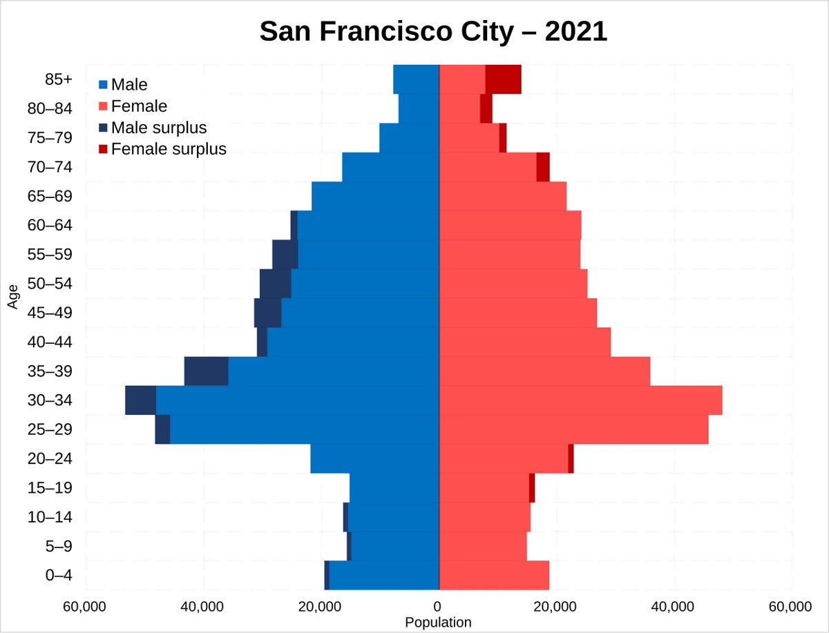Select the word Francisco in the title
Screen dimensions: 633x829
point(372,32)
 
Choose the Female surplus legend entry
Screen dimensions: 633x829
point(169,149)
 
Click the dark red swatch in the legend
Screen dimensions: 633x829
point(104,149)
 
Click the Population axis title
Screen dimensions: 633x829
point(438,622)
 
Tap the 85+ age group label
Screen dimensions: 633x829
point(58,79)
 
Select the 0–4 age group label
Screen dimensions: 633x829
point(59,576)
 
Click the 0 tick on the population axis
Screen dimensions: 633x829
point(437,607)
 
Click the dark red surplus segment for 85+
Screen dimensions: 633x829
point(503,79)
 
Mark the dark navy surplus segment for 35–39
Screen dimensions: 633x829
point(206,371)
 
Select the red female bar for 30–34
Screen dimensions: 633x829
point(580,400)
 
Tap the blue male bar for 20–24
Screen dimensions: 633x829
point(374,459)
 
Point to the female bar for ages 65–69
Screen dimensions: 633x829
point(503,196)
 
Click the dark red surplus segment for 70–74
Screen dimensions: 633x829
point(543,167)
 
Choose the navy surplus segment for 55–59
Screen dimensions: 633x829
point(285,255)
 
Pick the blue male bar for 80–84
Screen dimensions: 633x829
point(419,108)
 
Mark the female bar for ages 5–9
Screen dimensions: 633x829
point(483,547)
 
